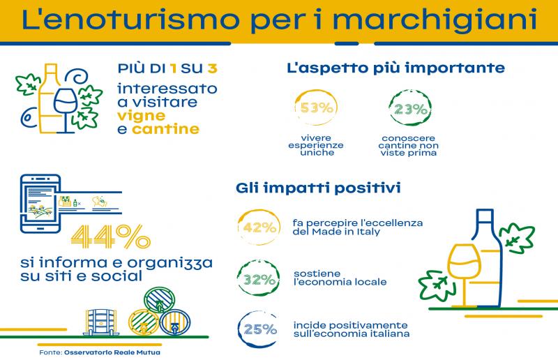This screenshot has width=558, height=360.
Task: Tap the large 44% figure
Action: click(111, 236)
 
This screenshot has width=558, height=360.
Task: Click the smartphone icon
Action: click(40, 204)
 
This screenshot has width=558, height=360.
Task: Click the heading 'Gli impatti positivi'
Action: click(318, 188)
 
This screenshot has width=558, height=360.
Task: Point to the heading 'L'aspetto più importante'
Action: click(395, 67)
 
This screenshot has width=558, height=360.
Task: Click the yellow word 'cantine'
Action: click(165, 129)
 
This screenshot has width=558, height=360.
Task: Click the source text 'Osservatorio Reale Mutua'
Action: click(112, 352)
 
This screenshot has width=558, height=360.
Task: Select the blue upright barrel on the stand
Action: click(100, 322)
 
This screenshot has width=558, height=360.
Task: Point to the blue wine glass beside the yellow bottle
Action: click(66, 110)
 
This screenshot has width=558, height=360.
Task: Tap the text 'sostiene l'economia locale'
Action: click(340, 278)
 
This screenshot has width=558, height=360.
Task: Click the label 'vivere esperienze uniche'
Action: click(316, 145)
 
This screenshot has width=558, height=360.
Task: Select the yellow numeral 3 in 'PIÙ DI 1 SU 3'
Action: click(213, 68)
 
